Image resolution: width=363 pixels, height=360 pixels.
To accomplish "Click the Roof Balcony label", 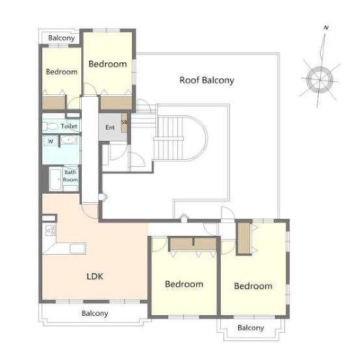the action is [x=207, y=80].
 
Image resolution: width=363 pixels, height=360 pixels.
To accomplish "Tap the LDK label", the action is [x=95, y=276].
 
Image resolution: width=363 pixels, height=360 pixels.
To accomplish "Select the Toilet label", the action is [x=69, y=126].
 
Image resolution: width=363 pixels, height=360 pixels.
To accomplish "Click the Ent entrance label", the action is [x=110, y=127].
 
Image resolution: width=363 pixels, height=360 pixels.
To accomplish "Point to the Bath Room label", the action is [x=70, y=176].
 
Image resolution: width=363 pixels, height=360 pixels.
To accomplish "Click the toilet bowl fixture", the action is [x=50, y=127].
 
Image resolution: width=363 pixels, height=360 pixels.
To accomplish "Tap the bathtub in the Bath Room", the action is [x=56, y=179].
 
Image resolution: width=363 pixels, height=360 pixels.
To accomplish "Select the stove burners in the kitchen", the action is [x=51, y=230].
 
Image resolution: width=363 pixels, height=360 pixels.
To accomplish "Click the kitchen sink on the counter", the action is [x=77, y=248].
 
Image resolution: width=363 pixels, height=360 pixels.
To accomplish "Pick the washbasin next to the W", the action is [x=69, y=140].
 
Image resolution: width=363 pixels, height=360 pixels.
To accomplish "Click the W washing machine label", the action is [x=51, y=141].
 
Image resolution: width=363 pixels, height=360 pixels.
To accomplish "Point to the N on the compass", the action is [x=326, y=28].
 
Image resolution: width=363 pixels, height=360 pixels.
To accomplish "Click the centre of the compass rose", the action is [x=319, y=80].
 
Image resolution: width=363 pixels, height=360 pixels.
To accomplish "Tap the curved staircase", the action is [x=181, y=138].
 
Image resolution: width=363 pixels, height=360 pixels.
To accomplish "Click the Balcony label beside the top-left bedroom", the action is [x=62, y=38].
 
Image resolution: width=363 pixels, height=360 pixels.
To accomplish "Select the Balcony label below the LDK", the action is [x=95, y=313].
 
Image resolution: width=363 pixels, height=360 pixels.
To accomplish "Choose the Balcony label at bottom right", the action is [x=251, y=328].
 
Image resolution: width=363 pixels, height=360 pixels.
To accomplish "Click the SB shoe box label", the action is [x=124, y=122].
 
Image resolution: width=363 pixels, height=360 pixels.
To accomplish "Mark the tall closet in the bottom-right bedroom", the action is [x=244, y=238].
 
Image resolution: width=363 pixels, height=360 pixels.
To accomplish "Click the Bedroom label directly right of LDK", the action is [x=184, y=284].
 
